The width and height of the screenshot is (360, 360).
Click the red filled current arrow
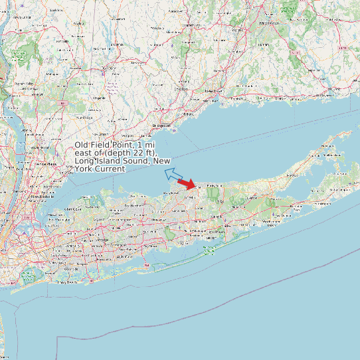(x=187, y=184)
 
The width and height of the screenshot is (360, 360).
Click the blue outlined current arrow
(x=174, y=175)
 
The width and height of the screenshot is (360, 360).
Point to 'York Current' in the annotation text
(x=100, y=169)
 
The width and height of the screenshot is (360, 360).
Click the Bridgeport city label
(x=161, y=125)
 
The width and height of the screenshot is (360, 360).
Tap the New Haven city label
(x=213, y=90)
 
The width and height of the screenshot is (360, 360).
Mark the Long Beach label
(x=66, y=282)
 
